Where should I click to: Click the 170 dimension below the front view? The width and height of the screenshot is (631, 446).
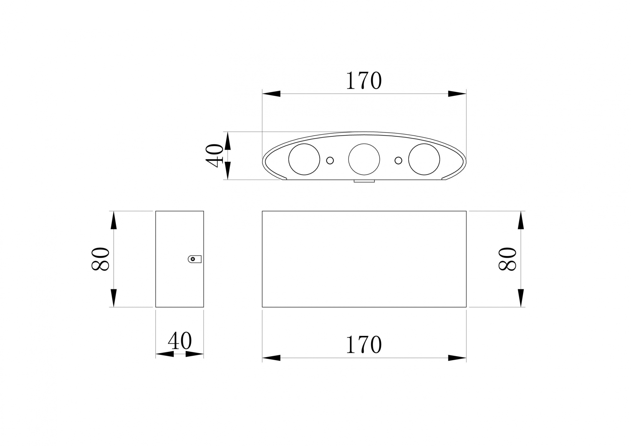(x=364, y=345)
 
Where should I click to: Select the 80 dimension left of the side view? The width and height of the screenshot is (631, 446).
(x=100, y=259)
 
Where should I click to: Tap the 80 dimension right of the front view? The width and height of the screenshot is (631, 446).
(x=507, y=259)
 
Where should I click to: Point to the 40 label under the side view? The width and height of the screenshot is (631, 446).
(x=180, y=341)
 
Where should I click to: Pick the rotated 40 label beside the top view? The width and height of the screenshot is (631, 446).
(x=215, y=156)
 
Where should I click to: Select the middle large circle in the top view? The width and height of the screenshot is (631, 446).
(x=364, y=159)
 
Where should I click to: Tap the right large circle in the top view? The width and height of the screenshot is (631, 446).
(x=424, y=159)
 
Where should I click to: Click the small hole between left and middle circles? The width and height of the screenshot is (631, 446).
(x=330, y=161)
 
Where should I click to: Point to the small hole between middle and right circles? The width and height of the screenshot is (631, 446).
(x=398, y=161)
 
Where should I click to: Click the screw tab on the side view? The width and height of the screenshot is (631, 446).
(x=194, y=259)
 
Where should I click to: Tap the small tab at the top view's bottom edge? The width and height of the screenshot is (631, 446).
(x=364, y=181)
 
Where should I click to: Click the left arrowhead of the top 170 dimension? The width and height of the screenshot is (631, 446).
(x=271, y=94)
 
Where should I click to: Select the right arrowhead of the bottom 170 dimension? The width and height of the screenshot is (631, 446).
(x=457, y=358)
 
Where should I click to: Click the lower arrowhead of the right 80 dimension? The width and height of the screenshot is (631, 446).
(x=521, y=298)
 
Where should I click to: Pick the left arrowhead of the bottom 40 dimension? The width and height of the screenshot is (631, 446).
(x=164, y=354)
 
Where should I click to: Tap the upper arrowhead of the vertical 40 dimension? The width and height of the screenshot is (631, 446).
(x=228, y=141)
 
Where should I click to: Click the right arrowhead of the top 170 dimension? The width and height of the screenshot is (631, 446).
(x=457, y=94)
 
